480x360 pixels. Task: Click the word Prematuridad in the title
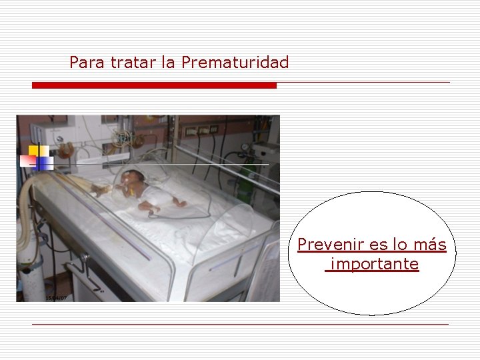point(235,63)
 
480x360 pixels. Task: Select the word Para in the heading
point(83,63)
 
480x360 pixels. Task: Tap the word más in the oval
point(431,245)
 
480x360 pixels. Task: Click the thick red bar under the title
point(154,85)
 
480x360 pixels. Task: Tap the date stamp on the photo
point(56,297)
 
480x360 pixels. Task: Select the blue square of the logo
point(45,162)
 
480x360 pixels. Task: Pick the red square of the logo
point(28,161)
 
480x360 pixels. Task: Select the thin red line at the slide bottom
point(240,325)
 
